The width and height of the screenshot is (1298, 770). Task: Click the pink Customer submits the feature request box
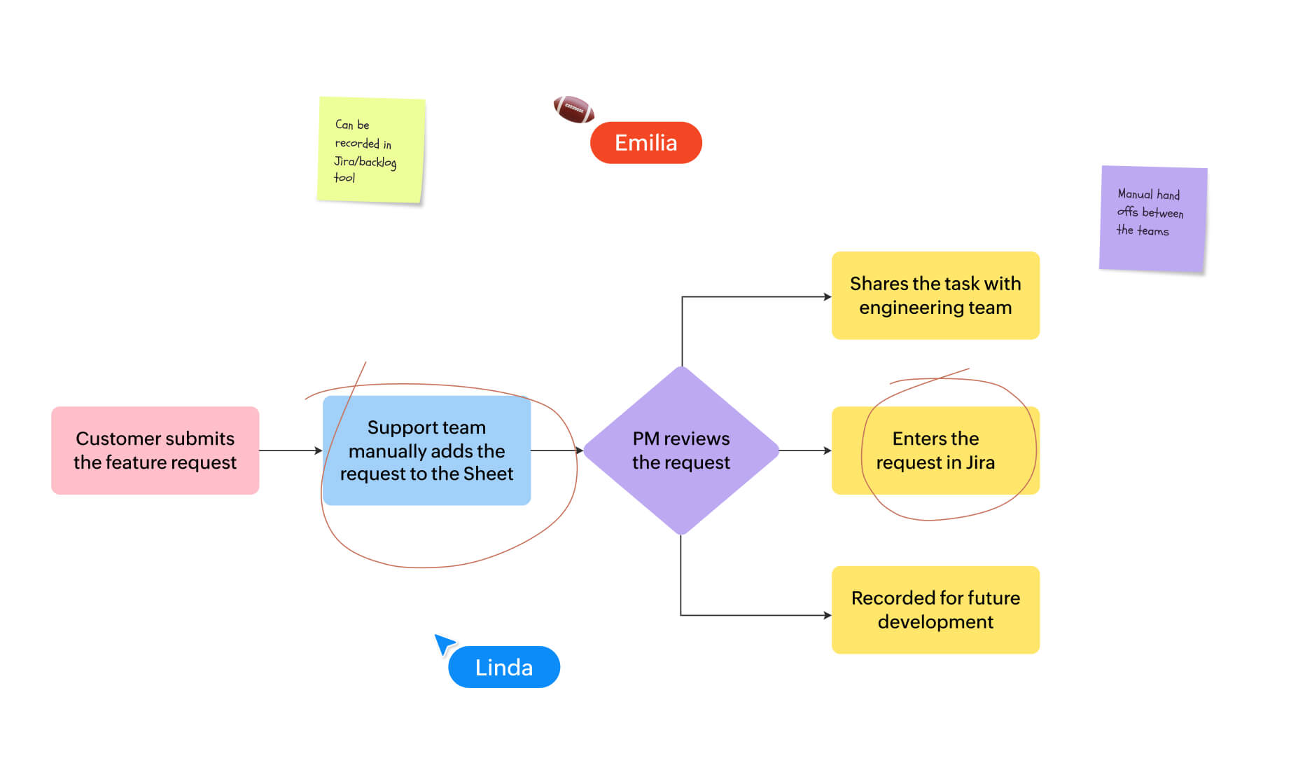pos(155,450)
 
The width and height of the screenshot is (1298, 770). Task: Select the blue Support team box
pos(426,450)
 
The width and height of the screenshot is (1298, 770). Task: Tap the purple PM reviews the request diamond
pos(681,450)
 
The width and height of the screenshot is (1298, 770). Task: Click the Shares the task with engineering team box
pos(935,295)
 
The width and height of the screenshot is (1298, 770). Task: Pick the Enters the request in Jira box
pos(935,450)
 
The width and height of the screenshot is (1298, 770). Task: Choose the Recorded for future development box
pos(935,609)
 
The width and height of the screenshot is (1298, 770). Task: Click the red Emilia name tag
pos(645,143)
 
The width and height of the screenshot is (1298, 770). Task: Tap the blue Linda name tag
pos(503,667)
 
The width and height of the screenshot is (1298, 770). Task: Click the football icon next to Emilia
pos(573,109)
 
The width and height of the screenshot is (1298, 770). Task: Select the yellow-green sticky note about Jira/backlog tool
pos(370,150)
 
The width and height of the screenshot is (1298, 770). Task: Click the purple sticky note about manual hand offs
pos(1152,219)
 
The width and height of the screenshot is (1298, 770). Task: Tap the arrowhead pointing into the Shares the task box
pos(827,297)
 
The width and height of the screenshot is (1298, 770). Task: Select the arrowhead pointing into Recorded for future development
pos(827,615)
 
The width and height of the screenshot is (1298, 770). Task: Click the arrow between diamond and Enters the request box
pos(804,451)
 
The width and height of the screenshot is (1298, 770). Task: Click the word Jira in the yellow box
pos(980,462)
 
